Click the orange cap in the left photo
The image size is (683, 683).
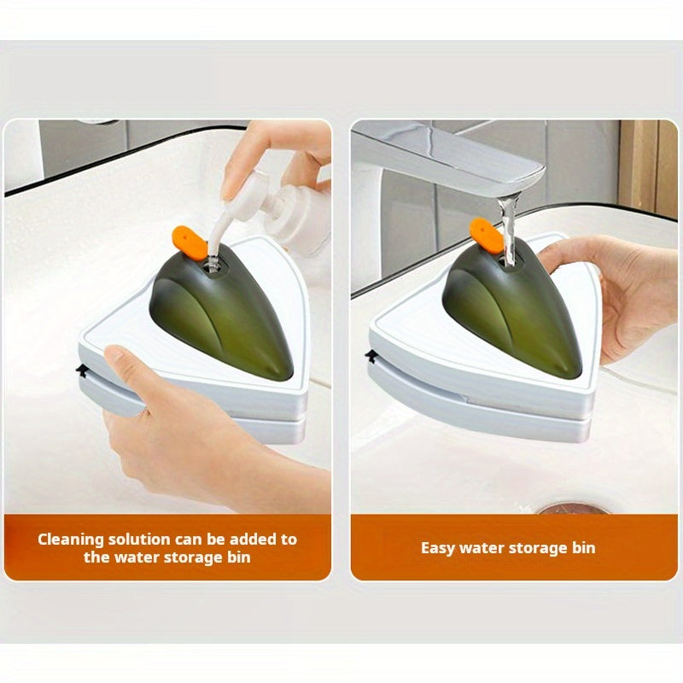(x=190, y=243)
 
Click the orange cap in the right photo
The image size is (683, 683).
(x=487, y=234)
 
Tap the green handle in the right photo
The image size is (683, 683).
(x=513, y=308)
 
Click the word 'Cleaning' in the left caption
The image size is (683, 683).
(x=71, y=540)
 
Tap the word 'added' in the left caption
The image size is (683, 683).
(x=253, y=540)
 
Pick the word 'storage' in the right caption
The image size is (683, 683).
(x=538, y=548)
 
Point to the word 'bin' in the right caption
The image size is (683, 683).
(x=584, y=547)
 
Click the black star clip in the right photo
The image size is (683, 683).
(x=371, y=356)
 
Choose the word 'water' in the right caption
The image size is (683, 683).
(x=481, y=548)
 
